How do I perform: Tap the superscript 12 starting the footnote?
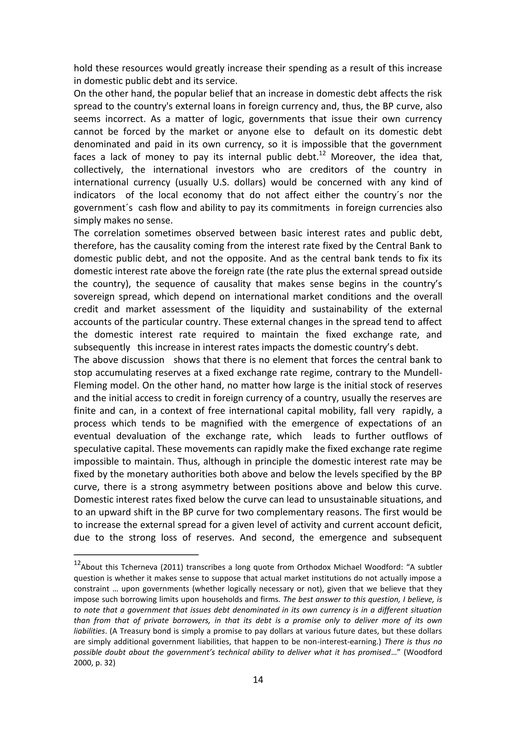[77, 563]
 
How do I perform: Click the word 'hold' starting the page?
[83, 68]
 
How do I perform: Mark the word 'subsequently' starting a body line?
[102, 347]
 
